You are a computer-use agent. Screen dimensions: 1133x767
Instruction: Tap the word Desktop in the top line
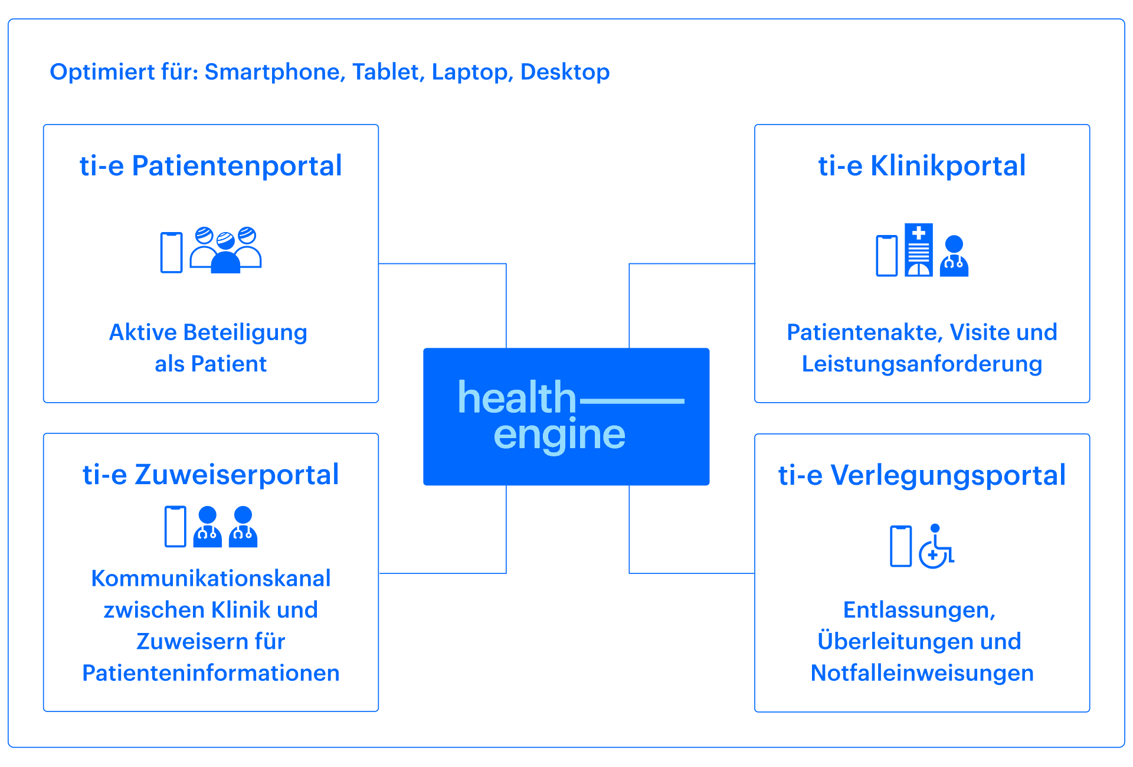[565, 72]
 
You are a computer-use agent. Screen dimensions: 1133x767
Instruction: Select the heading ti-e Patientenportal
[211, 166]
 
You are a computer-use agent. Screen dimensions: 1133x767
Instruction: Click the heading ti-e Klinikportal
[922, 166]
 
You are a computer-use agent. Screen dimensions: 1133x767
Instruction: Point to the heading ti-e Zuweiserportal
[211, 475]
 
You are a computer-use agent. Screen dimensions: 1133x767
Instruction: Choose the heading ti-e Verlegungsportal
[922, 475]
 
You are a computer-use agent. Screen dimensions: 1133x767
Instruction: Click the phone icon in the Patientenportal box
[172, 253]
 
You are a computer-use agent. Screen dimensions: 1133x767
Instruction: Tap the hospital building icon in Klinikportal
[919, 250]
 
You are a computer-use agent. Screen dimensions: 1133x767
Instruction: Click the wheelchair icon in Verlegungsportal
[936, 546]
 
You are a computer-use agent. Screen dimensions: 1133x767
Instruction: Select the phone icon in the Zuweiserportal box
[175, 527]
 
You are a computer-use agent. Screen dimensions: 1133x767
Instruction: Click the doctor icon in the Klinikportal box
[954, 256]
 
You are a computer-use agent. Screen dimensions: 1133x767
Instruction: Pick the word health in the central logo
[517, 398]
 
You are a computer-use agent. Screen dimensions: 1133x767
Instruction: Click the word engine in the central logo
[559, 435]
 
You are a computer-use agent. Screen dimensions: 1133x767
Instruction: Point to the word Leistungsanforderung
[922, 364]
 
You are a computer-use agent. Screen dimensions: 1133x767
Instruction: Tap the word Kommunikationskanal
[211, 579]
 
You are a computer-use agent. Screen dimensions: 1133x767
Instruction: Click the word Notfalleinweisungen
[922, 673]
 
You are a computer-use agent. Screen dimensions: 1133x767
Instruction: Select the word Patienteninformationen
[211, 673]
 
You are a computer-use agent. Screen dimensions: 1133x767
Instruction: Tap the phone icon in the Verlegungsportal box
[901, 546]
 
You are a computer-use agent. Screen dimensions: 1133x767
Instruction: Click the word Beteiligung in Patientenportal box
[245, 333]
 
